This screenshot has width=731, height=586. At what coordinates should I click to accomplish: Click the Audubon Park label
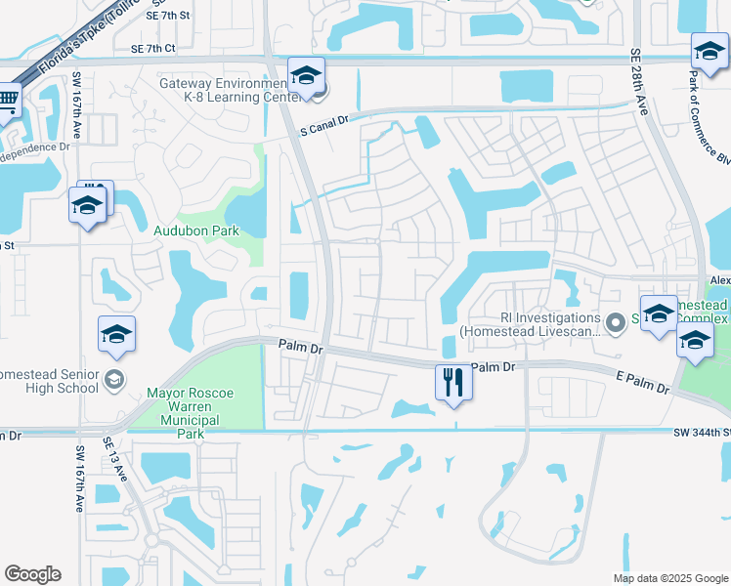click(x=196, y=230)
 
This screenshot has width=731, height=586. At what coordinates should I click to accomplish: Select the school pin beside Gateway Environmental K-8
click(x=306, y=75)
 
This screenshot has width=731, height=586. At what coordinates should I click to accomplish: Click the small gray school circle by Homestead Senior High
click(x=114, y=379)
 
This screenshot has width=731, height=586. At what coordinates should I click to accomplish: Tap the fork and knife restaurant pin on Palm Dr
click(x=452, y=382)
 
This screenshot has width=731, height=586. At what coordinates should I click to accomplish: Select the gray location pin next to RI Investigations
click(x=615, y=322)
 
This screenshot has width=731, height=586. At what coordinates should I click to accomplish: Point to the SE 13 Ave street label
click(x=120, y=460)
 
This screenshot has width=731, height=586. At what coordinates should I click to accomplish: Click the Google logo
click(x=32, y=574)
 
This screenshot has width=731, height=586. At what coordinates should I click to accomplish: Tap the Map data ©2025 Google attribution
click(x=669, y=578)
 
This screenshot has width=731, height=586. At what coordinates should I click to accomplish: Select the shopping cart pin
click(x=9, y=99)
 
